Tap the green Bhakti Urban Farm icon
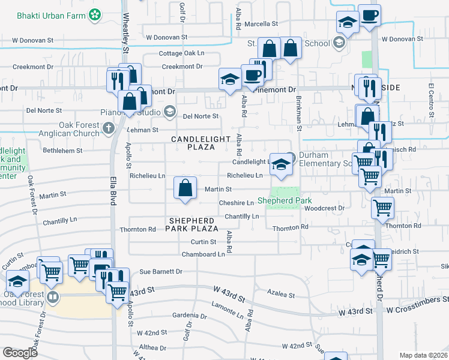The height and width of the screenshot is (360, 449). click(94, 14)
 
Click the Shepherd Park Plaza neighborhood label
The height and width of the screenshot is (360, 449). click(193, 224)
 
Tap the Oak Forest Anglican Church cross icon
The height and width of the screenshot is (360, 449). click(109, 127)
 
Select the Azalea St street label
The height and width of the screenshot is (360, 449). click(282, 295)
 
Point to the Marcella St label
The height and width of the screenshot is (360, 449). click(262, 24)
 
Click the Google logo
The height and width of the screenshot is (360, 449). click(20, 352)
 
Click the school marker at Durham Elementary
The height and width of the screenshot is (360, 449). click(280, 164)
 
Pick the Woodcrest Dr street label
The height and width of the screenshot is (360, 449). click(324, 208)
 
